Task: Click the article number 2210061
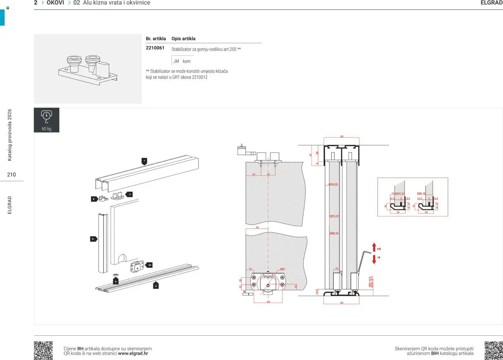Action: (x=155, y=48)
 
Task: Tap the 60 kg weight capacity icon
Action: (x=46, y=120)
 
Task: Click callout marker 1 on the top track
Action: (x=144, y=161)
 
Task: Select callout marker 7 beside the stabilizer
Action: (x=129, y=194)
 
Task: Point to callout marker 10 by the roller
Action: (x=149, y=265)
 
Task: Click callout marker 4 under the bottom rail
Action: (x=156, y=286)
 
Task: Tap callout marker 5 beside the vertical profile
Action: (x=93, y=239)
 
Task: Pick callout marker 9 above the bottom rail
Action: (x=116, y=281)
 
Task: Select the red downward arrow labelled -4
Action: (x=374, y=259)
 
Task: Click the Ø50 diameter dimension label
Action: (x=282, y=269)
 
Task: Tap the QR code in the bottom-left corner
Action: (x=43, y=350)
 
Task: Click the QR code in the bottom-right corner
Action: (x=493, y=350)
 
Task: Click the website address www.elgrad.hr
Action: (x=133, y=354)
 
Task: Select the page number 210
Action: (x=11, y=175)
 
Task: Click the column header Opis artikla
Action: (x=183, y=39)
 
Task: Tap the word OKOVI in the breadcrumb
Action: (x=55, y=3)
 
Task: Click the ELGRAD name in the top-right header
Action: (x=491, y=3)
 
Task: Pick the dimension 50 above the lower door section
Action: (x=257, y=228)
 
